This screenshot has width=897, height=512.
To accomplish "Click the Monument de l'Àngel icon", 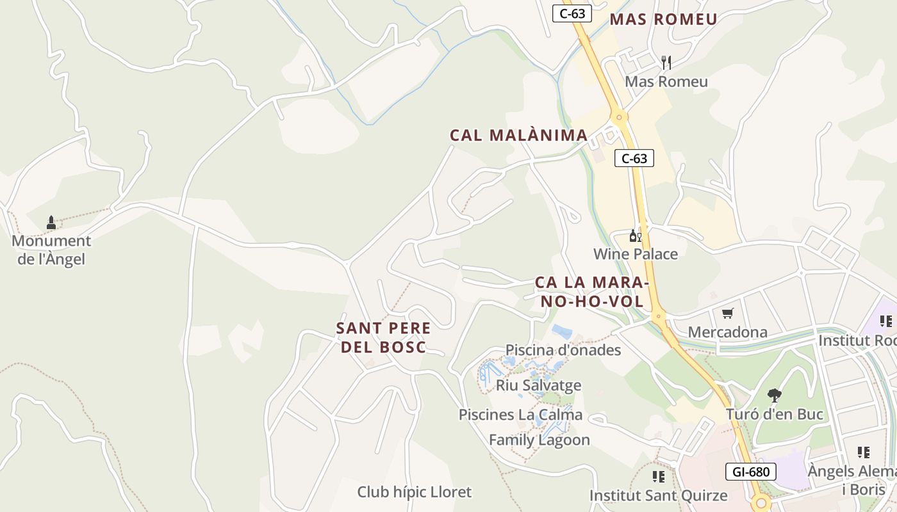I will coord(51,223).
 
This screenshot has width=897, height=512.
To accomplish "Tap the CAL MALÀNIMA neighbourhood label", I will coord(518,135).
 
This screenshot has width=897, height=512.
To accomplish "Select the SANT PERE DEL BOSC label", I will coord(383,337).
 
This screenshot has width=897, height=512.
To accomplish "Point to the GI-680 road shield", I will coord(750,472).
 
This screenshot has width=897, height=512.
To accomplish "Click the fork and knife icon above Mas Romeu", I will coord(666,63).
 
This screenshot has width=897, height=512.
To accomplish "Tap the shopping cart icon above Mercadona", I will coord(727,314).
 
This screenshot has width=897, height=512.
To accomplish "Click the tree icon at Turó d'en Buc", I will coord(774,395).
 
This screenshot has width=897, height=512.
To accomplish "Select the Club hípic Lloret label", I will coord(414,492).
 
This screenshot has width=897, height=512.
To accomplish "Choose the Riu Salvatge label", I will coord(538,385).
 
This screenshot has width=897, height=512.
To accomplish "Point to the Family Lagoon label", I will coord(539,440).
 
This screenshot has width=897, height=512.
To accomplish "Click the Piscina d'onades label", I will coord(563,349).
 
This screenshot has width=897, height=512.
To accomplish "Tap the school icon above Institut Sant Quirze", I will coord(658,477).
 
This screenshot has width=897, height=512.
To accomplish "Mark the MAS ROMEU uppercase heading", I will coord(663,19).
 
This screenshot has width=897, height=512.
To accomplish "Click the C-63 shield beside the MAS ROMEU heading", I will coord(572,13).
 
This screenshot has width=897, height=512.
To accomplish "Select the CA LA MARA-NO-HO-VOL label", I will coord(593,291).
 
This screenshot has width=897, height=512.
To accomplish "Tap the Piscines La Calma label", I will coord(520,415).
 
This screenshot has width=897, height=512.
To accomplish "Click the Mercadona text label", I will coord(727,332).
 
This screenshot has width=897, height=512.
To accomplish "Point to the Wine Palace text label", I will coord(635,254).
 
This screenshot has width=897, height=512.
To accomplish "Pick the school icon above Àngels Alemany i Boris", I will coord(863,452).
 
